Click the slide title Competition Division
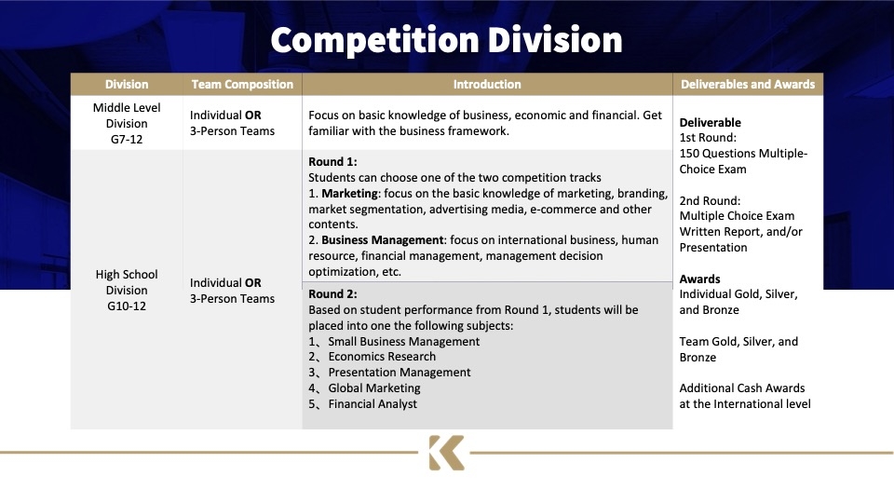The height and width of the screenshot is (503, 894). click(446, 40)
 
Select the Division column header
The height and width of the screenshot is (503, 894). click(127, 85)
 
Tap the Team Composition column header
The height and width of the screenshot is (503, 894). click(242, 85)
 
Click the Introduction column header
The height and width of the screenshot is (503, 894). click(487, 85)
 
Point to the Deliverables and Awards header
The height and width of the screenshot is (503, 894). click(748, 85)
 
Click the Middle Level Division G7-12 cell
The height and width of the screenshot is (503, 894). click(127, 123)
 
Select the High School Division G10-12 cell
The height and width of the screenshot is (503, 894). click(127, 291)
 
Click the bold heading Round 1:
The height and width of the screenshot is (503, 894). click(333, 161)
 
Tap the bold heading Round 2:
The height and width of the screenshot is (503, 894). click(333, 293)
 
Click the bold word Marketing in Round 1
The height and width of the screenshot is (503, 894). click(349, 194)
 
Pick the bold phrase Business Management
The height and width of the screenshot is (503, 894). click(383, 240)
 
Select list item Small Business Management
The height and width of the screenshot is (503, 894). click(403, 342)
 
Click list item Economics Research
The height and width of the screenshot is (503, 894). click(382, 357)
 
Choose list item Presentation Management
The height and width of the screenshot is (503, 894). click(400, 373)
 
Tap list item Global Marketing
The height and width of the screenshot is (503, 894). click(374, 388)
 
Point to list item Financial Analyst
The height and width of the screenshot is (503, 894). click(372, 403)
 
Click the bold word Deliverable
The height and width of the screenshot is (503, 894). click(710, 123)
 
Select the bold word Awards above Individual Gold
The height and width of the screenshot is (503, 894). click(699, 279)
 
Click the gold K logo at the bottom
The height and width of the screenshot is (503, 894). click(446, 453)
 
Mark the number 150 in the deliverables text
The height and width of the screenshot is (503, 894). click(689, 154)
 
